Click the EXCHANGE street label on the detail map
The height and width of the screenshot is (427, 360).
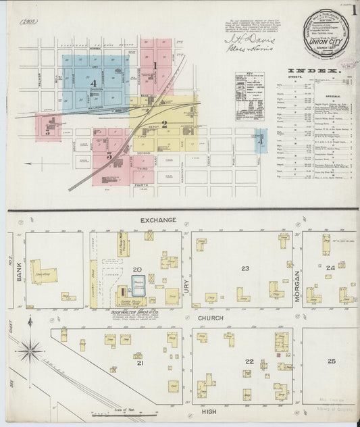159,220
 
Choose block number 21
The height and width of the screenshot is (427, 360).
140,363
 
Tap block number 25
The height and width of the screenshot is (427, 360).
331,361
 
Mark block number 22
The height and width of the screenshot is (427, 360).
249,361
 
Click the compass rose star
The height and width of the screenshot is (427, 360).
29,351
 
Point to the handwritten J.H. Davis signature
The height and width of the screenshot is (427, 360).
241,40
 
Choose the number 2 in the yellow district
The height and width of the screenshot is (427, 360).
164,124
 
